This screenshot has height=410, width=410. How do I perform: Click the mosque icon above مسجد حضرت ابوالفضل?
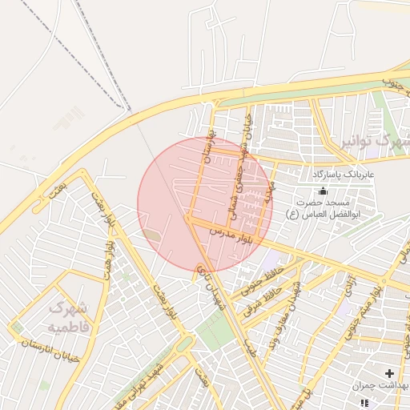[x=323, y=191]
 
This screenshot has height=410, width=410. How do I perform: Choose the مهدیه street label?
[x=270, y=193]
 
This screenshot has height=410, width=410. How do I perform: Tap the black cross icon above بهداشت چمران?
[x=389, y=373]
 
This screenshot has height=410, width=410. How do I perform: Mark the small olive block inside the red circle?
[x=152, y=235]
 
